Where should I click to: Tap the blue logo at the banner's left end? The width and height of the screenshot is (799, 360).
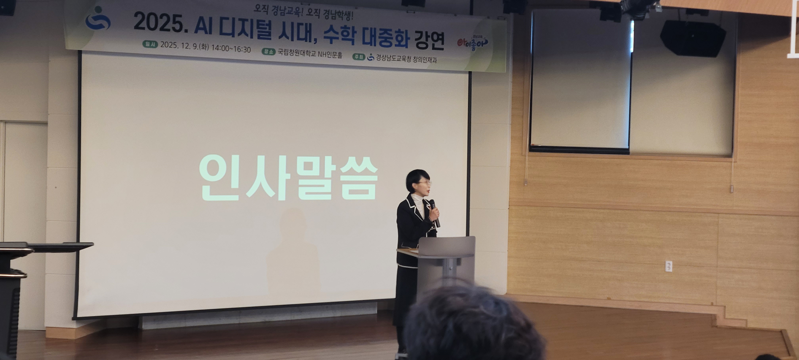click(98, 19)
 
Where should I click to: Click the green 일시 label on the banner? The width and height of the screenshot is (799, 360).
click(150, 44)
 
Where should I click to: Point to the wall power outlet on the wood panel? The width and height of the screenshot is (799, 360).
click(669, 266)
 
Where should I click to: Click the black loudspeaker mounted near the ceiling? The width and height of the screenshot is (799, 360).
click(693, 38)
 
